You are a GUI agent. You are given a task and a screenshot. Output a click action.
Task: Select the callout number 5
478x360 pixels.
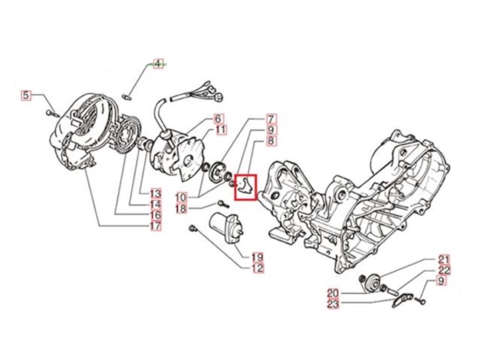point(26,96)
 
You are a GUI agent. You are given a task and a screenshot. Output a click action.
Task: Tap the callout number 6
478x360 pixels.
point(219,119)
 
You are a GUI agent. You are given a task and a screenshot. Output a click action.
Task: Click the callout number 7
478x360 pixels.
point(271,119)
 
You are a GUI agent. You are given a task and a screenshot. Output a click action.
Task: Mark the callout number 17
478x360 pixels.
point(155,226)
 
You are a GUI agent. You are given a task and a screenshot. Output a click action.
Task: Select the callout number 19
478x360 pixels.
point(257,257)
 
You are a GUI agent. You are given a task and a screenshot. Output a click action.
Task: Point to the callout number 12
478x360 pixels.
point(257,268)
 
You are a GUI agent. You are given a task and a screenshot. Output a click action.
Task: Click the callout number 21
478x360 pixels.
point(443,260)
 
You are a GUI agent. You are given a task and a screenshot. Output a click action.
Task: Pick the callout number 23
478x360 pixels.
point(334,304)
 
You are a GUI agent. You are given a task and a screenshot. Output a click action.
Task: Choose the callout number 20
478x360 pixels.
point(333,293)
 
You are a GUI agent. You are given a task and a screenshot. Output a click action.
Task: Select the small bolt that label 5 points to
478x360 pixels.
point(52,113)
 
